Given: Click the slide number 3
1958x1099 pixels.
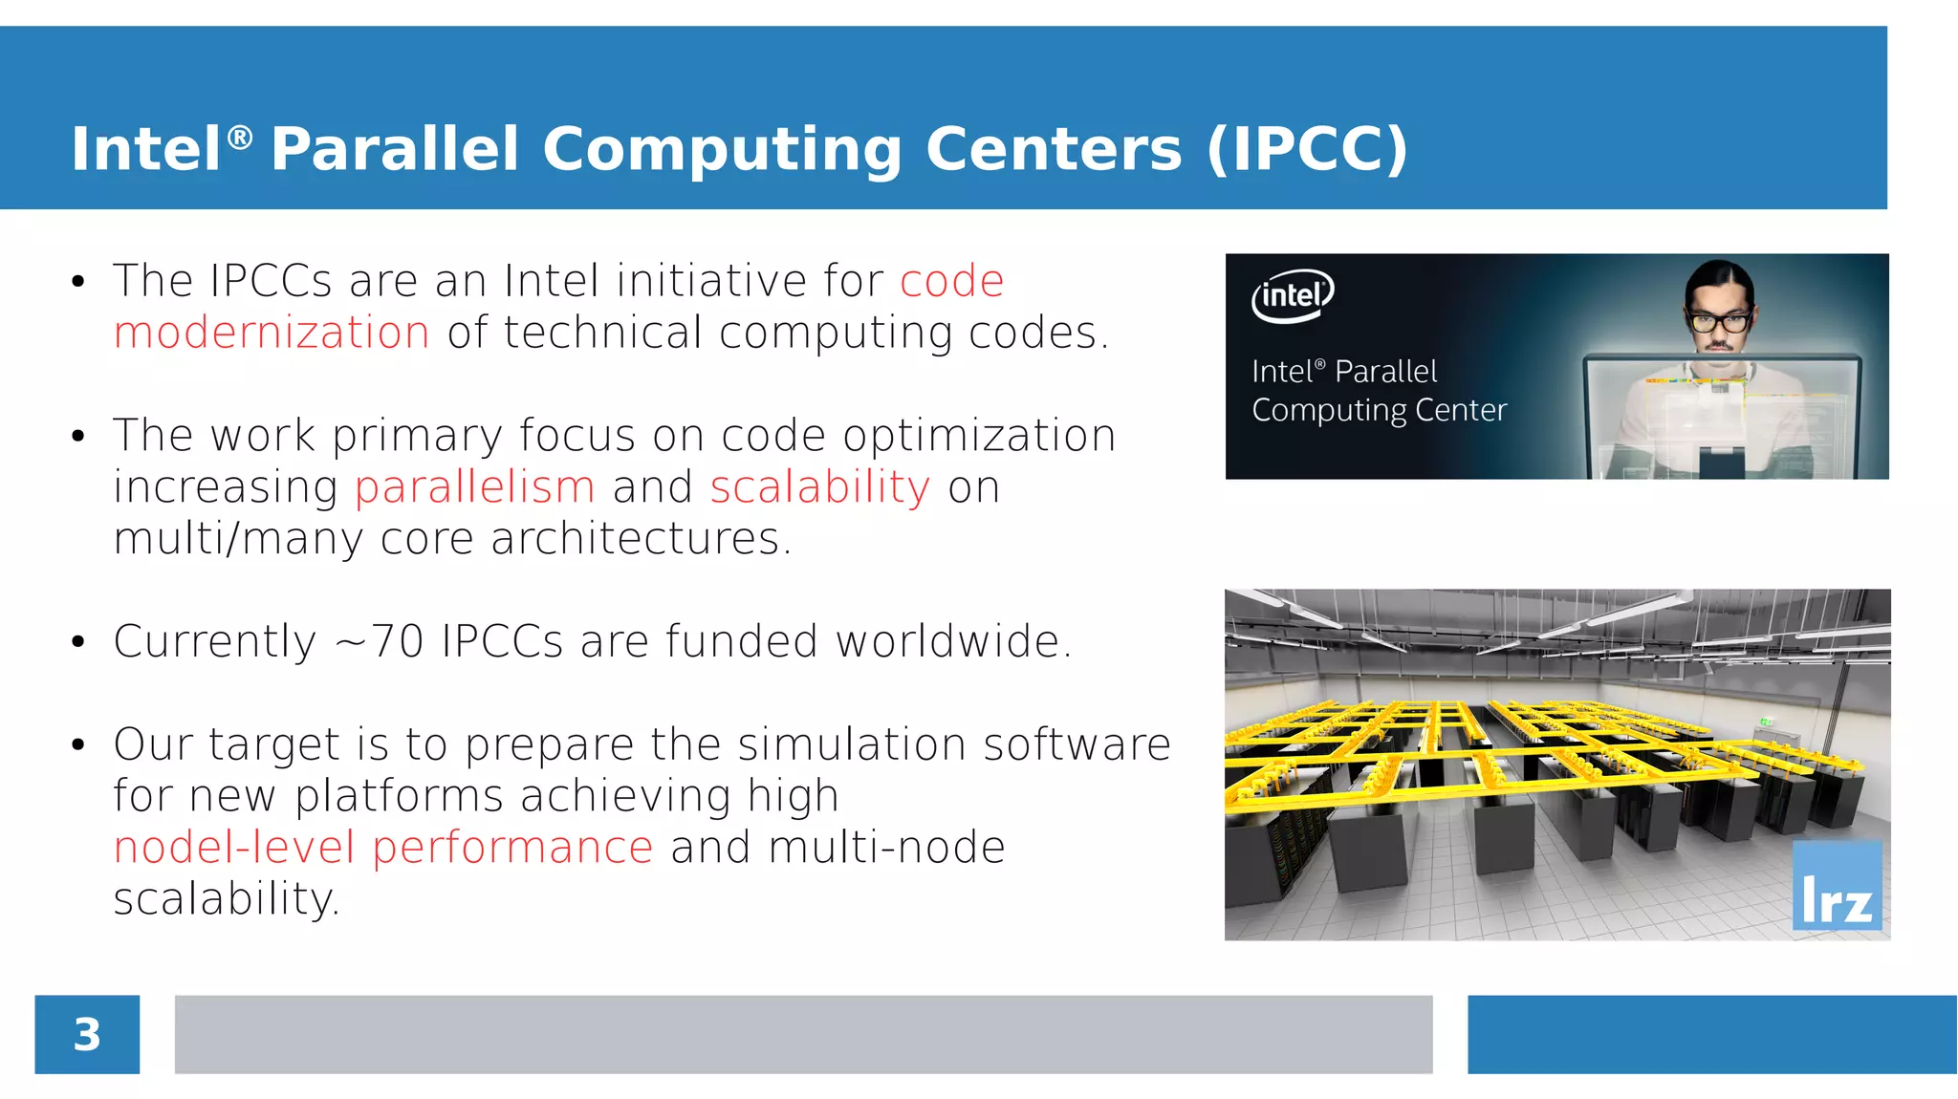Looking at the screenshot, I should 87,1035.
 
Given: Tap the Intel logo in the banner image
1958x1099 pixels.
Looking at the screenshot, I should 1293,295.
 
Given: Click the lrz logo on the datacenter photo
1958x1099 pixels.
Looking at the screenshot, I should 1837,887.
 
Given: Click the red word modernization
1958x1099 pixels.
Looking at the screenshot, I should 272,334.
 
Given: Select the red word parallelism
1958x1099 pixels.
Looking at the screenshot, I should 475,487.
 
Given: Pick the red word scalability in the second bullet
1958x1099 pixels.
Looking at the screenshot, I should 819,487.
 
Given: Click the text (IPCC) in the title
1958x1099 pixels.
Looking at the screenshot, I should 1307,149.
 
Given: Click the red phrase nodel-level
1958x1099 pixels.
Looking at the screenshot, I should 234,848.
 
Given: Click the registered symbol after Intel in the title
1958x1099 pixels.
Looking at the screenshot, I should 240,137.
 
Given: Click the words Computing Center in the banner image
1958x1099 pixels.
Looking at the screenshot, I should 1379,411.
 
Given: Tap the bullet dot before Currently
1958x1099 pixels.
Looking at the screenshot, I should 78,642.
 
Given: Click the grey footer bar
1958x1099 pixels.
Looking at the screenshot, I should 803,1035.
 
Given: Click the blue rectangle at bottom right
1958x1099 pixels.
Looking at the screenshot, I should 1711,1035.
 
